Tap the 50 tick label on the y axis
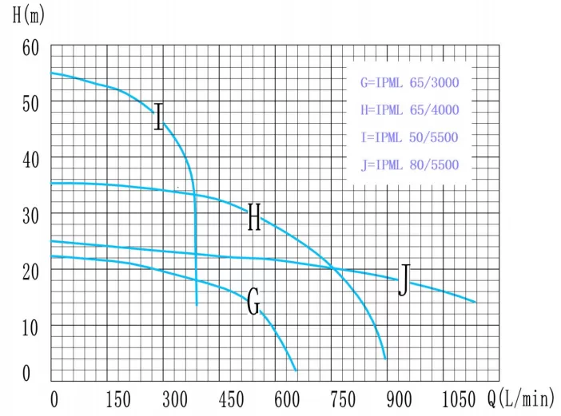click(31, 102)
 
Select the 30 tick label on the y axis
click(31, 214)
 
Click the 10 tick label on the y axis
click(31, 326)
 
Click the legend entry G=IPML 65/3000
click(410, 82)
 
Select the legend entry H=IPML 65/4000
click(410, 109)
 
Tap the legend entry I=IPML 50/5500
click(410, 137)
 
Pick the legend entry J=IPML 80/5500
click(410, 164)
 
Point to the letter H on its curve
click(254, 217)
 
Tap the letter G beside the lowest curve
click(253, 303)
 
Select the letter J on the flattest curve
click(404, 280)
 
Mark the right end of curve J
click(475, 302)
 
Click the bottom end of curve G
click(296, 370)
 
